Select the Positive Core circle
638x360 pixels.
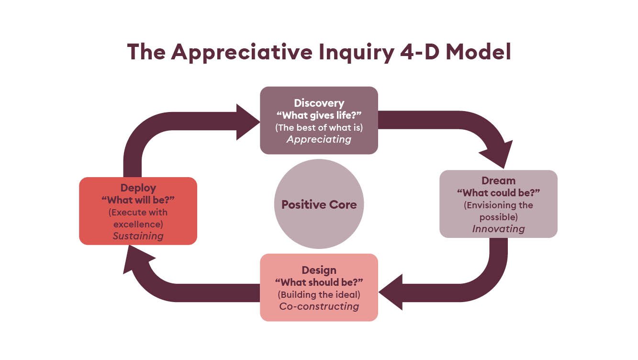click(x=319, y=204)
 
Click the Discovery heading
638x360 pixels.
click(x=319, y=103)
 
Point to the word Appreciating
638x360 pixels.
click(x=319, y=139)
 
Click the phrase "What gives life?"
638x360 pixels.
click(x=319, y=115)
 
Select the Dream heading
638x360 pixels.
click(x=498, y=180)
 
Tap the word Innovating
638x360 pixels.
click(x=498, y=229)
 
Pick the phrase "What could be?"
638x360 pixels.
click(x=498, y=192)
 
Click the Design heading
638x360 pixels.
click(x=319, y=270)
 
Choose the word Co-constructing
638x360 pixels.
click(x=319, y=306)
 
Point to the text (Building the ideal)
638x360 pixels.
click(x=319, y=294)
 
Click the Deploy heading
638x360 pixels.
click(x=138, y=188)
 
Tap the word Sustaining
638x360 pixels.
click(x=138, y=236)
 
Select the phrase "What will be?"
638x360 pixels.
click(x=138, y=200)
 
